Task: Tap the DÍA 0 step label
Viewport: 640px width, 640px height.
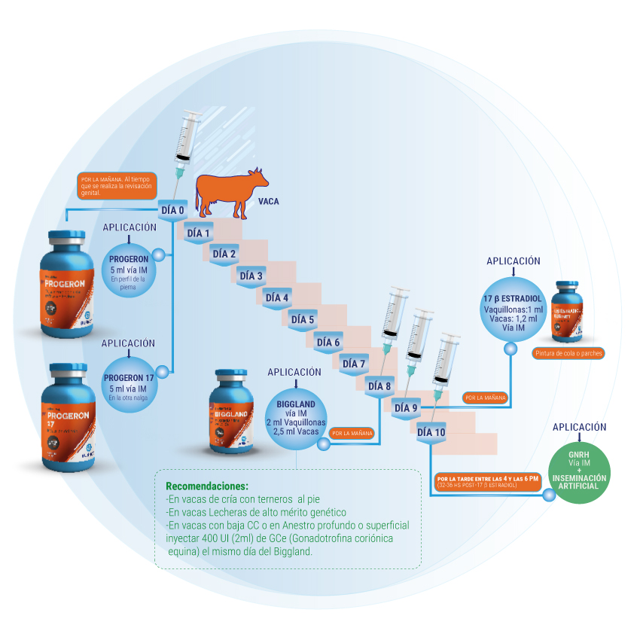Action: coord(172,210)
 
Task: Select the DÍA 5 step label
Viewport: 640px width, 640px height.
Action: coord(302,320)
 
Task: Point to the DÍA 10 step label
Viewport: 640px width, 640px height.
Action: coord(431,432)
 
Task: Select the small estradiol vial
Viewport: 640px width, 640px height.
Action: coord(569,311)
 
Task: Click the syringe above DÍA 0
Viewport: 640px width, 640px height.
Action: coord(186,143)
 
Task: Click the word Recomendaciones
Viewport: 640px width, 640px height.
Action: coord(206,486)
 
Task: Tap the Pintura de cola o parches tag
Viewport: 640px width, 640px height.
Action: coord(568,353)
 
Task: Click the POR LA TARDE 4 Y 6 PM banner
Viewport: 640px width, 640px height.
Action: coord(489,482)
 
